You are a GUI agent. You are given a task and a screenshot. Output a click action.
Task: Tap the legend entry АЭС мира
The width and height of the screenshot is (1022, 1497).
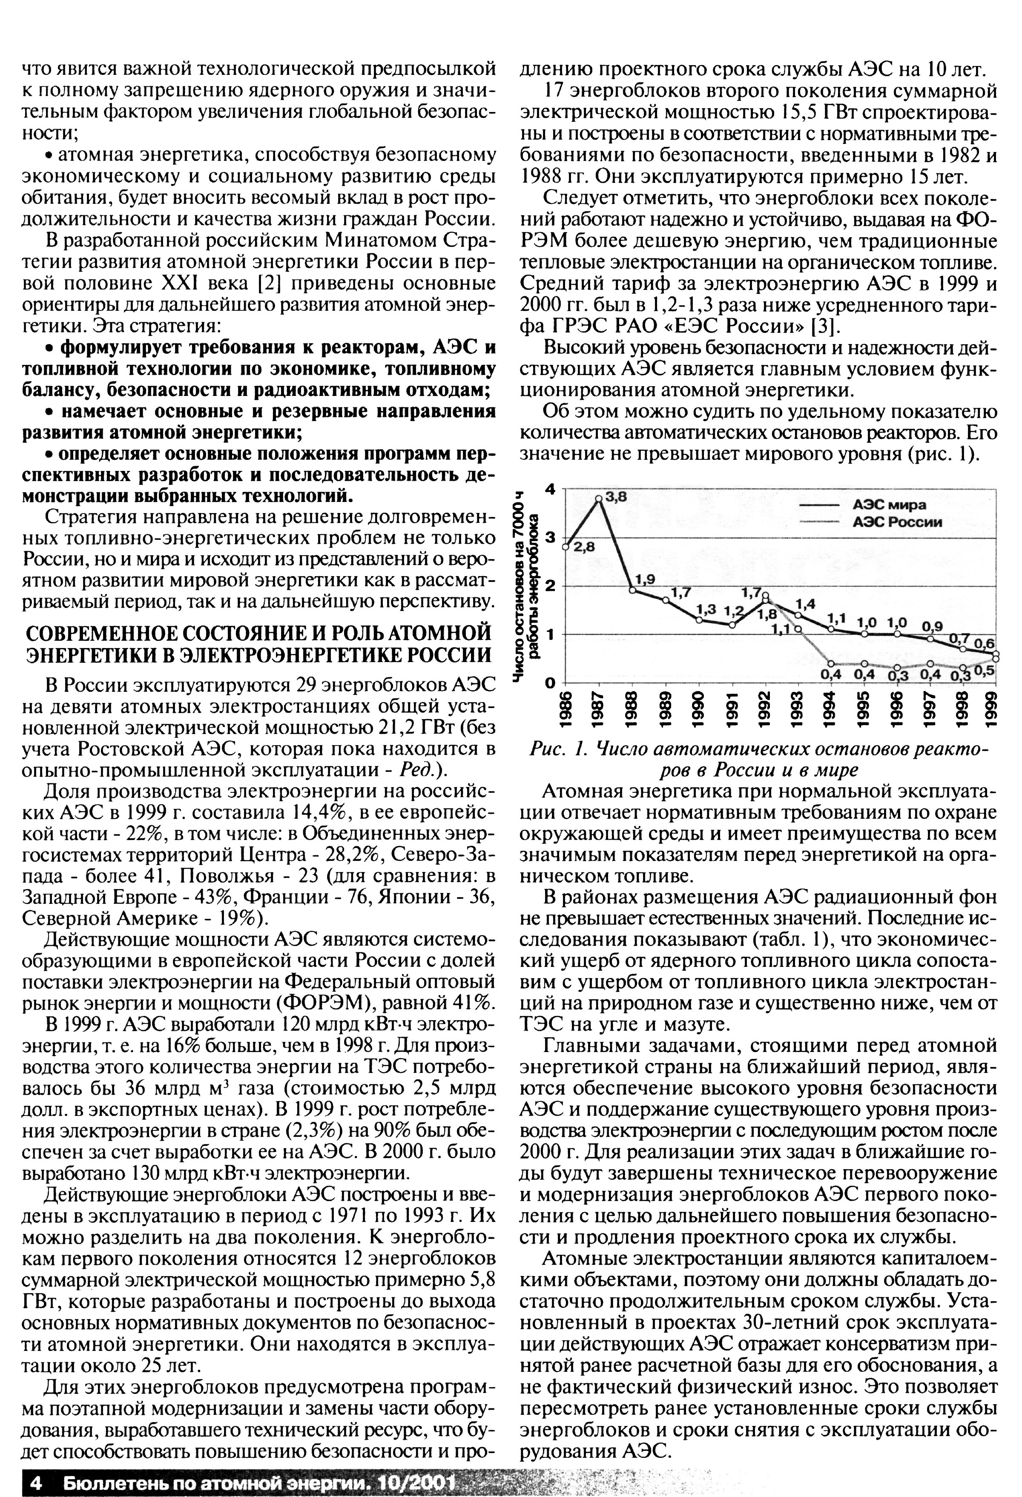click(x=889, y=505)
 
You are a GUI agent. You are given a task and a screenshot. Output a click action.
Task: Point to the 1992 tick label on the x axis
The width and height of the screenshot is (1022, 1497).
click(x=766, y=708)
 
